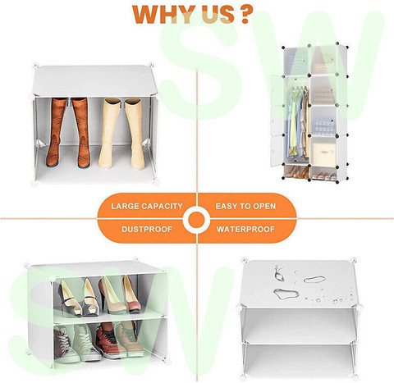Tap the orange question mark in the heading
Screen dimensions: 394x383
point(245,14)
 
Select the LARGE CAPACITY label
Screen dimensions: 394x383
point(147,206)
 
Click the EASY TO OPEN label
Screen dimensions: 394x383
point(245,206)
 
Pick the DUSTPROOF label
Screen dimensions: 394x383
point(147,229)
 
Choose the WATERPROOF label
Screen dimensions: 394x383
point(245,229)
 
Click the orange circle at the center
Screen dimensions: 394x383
point(197,219)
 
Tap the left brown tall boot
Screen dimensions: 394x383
point(56,132)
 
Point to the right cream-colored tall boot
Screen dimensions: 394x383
point(135,134)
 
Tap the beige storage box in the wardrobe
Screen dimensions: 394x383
point(324,154)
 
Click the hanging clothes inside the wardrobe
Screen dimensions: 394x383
point(298,121)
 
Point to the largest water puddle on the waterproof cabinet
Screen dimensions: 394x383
point(286,294)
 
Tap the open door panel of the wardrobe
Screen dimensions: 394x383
point(277,121)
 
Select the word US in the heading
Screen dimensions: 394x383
point(218,14)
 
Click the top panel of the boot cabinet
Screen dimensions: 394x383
point(94,81)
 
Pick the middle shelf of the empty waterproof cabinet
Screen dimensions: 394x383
point(300,343)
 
